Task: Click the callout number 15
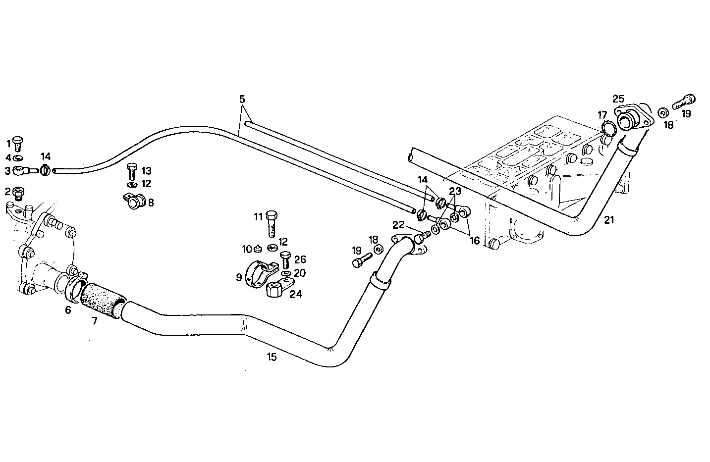point(271,356)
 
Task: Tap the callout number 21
point(609,220)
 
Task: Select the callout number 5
point(242,99)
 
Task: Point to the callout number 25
point(618,99)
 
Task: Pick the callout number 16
point(475,241)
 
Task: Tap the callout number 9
point(239,277)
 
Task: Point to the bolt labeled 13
point(132,172)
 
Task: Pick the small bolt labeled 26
point(285,259)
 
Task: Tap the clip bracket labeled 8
point(133,201)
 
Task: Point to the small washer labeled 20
point(286,273)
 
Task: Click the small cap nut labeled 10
point(259,248)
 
